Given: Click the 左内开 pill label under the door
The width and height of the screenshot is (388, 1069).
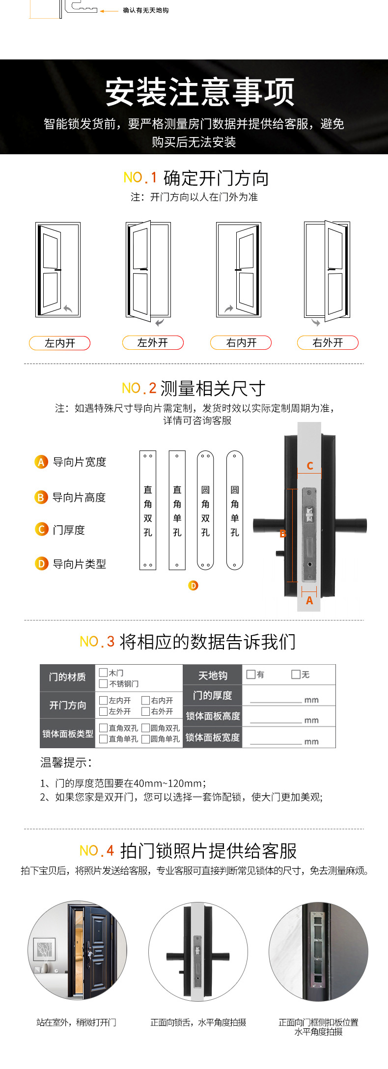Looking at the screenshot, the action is [59, 343].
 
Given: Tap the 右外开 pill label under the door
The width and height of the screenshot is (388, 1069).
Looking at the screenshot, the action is [328, 342].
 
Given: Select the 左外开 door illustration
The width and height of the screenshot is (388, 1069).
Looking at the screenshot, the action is [148, 271].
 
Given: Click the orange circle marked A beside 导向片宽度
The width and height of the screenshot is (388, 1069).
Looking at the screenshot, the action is [41, 462].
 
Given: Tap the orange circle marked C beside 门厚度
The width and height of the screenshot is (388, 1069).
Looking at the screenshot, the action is [41, 530].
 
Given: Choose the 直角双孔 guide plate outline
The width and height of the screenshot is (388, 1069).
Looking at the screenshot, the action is [148, 510].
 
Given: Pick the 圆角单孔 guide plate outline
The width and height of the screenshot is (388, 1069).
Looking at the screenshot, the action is [235, 510].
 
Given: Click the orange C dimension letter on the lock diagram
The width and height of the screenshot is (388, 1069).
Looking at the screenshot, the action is [310, 466].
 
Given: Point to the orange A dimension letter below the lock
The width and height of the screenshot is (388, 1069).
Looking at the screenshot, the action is [309, 600].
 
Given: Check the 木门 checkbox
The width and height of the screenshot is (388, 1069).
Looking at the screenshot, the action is [103, 673].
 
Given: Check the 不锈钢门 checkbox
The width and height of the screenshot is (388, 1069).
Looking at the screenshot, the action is [103, 683].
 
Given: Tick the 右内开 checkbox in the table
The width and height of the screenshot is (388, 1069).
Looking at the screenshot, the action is [145, 700].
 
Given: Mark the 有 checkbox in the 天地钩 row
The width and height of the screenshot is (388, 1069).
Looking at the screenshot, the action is [250, 674].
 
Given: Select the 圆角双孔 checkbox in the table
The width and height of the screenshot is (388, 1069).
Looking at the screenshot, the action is [145, 728].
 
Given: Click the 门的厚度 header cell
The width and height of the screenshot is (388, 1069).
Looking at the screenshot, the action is [212, 696].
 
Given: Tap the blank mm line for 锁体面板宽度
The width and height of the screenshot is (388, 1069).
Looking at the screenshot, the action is [276, 744].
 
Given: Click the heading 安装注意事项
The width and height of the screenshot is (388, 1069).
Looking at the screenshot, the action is [200, 92].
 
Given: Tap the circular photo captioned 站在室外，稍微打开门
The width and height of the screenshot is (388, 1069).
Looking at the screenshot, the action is [77, 951].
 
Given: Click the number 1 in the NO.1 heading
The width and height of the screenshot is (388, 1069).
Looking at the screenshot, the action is [154, 177].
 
